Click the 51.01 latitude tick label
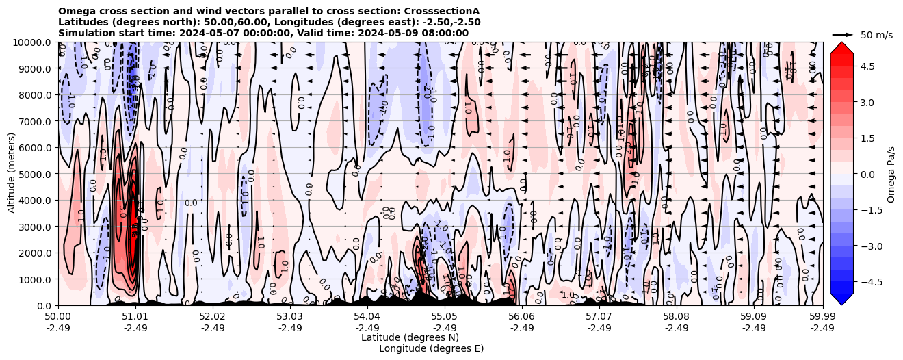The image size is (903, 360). coord(135,317)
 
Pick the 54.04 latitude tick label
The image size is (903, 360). coord(367,317)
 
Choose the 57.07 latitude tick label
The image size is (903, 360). coord(599,317)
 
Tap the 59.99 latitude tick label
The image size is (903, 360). coord(822,317)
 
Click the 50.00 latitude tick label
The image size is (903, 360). coord(58,317)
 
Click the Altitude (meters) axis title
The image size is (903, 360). coord(12,174)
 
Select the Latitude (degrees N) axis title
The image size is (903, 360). coord(410,337)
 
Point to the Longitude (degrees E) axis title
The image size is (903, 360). coord(431,348)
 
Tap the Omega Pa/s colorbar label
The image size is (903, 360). coord(891,174)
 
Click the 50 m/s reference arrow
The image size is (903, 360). coord(843,34)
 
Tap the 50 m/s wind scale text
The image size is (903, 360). coord(876,34)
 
